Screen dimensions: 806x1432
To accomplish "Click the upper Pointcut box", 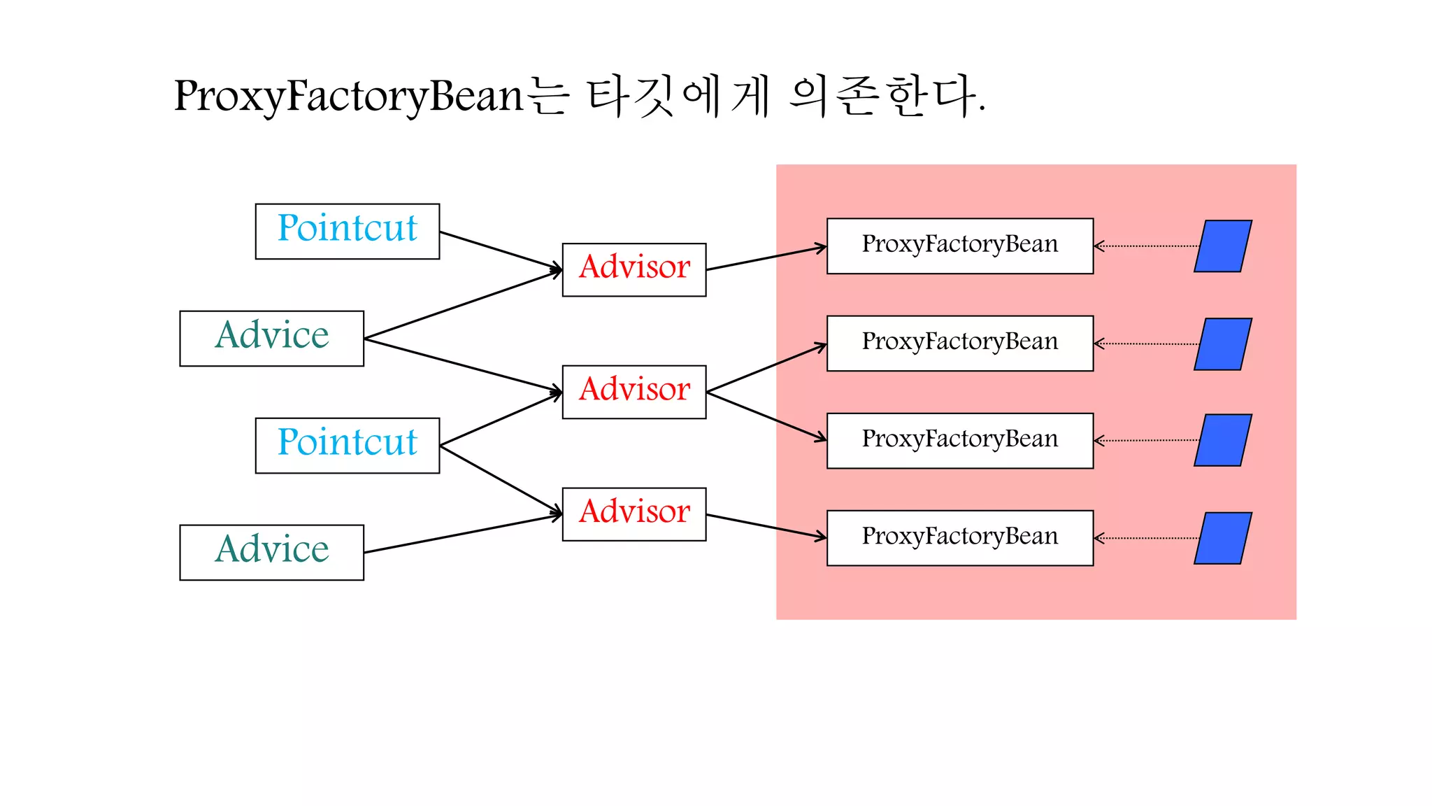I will (x=347, y=232).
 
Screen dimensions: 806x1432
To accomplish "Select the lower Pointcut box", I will (x=347, y=446).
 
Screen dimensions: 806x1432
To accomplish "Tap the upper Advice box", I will (x=271, y=339).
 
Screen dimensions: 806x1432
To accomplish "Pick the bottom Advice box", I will (x=271, y=553).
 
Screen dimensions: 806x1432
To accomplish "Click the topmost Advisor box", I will (x=633, y=270).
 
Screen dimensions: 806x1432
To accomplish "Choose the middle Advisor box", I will (x=633, y=392).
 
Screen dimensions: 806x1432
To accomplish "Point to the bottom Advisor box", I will (x=633, y=514).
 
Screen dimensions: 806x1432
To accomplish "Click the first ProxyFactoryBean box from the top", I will (x=959, y=246).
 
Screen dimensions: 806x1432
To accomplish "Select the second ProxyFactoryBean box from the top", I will (x=959, y=344).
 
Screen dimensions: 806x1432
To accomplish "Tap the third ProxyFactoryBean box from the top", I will (x=959, y=441).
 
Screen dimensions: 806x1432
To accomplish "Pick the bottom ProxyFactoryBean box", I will (x=959, y=538).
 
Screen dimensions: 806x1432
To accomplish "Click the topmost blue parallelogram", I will (x=1223, y=246).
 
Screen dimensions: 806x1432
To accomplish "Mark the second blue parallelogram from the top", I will (x=1223, y=344).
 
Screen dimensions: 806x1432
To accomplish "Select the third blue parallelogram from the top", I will (x=1223, y=440).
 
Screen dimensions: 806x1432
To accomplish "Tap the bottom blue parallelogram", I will (x=1223, y=538).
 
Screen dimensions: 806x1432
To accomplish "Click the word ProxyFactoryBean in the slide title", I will (x=348, y=96).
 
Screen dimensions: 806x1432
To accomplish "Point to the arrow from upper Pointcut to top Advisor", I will (x=500, y=250).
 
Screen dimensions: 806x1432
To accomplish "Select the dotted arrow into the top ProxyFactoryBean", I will (x=1147, y=246).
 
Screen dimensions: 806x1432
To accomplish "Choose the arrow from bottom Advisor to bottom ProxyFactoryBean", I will (x=766, y=526).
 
